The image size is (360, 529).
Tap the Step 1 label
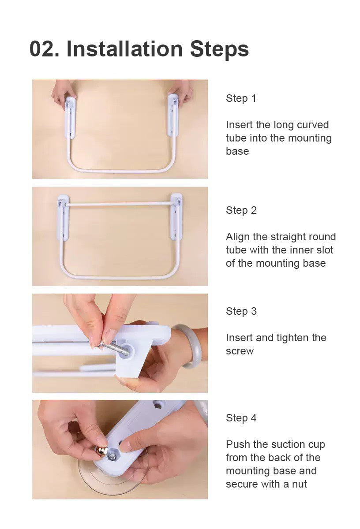click(x=241, y=98)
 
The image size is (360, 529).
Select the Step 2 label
click(x=241, y=210)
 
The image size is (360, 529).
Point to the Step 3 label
click(x=241, y=311)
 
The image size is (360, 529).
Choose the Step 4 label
click(x=241, y=418)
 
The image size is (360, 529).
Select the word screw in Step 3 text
click(x=240, y=351)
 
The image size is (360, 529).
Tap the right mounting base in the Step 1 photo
click(x=173, y=115)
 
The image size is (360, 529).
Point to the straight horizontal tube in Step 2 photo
click(x=120, y=204)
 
